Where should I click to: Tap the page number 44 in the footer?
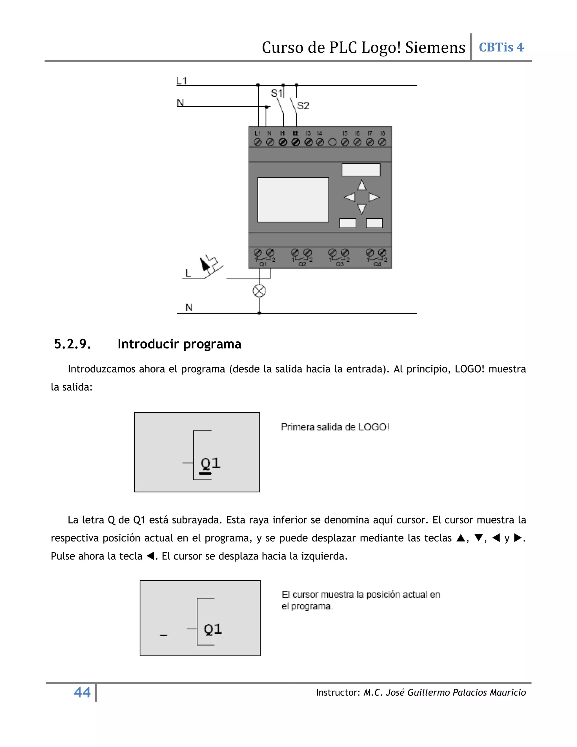point(82,692)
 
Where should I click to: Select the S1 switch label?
point(276,93)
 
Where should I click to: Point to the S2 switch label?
point(303,105)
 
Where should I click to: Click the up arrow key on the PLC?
point(362,186)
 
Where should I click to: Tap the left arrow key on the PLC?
point(349,197)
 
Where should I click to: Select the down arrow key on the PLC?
point(362,208)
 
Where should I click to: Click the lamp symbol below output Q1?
point(259,291)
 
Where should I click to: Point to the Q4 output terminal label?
point(377,264)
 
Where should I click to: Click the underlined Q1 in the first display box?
point(210,464)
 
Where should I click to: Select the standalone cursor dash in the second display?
point(163,635)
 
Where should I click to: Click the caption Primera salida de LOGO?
point(335,427)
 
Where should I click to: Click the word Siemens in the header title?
point(435,48)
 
